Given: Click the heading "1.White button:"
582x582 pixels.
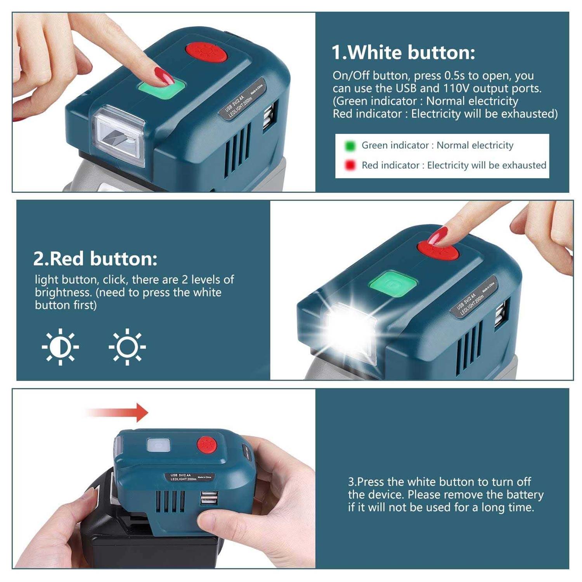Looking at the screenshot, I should pos(403,52).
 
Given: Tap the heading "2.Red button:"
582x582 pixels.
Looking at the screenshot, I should pos(95,259).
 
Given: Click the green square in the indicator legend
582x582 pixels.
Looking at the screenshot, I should pos(350,146).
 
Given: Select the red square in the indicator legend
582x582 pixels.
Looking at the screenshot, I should pos(350,165).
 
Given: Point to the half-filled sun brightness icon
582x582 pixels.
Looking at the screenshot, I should pos(60,346).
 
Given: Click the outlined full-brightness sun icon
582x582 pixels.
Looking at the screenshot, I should pos(127,346).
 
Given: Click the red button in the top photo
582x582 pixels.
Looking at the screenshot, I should pos(206,53).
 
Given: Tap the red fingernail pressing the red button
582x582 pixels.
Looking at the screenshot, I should pos(440,236).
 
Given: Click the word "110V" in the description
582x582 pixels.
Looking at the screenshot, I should pos(456,88).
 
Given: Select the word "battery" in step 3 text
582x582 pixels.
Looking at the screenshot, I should pos(524,495).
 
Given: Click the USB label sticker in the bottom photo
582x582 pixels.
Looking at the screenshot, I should pos(191,477).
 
